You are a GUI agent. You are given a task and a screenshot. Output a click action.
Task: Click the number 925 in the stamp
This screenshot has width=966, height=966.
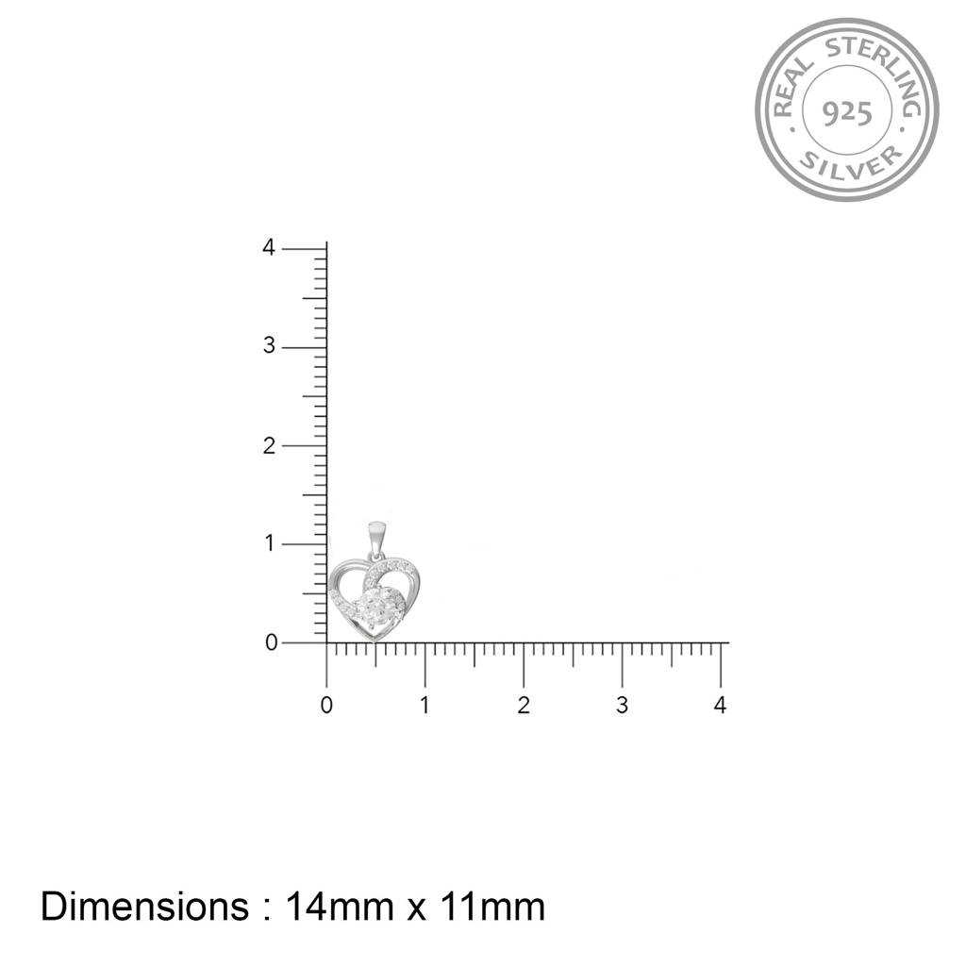(847, 113)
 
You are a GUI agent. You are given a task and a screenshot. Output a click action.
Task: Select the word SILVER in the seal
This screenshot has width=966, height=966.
(851, 162)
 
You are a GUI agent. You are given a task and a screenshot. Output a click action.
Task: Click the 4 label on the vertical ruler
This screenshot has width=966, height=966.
(269, 248)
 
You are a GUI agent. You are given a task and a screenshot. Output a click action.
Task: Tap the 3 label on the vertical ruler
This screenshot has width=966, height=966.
(269, 345)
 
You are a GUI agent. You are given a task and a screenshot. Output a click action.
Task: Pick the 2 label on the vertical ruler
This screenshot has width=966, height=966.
(269, 445)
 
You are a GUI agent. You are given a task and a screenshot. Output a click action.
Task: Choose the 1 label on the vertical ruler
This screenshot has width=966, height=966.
(269, 543)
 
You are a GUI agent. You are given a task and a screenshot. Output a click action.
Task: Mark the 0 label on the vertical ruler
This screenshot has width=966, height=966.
(271, 642)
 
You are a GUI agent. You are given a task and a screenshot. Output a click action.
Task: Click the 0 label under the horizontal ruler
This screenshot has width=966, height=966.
(326, 705)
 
